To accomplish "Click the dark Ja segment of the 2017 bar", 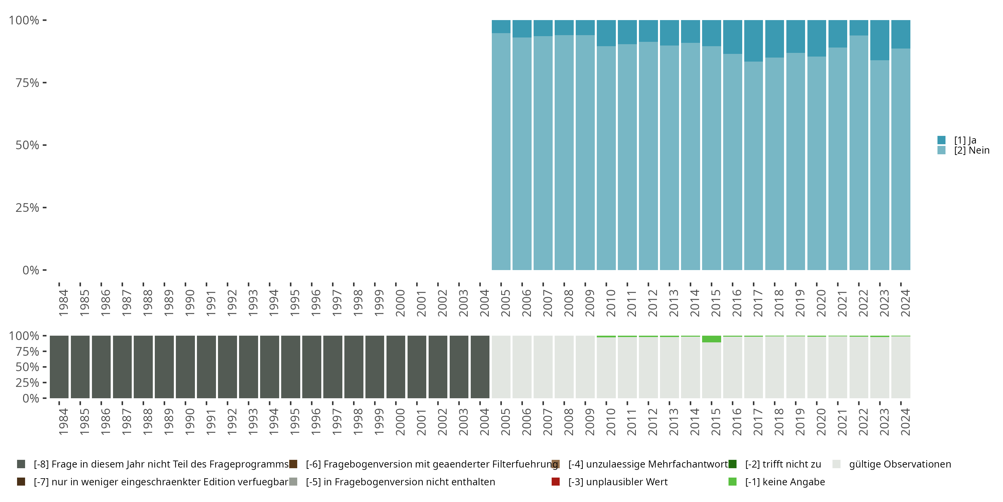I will click(753, 40).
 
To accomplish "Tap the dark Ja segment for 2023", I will click(880, 40).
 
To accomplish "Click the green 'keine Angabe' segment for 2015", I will click(711, 339).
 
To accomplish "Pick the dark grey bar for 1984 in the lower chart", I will click(59, 367).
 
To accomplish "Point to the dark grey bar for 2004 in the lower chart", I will click(480, 367).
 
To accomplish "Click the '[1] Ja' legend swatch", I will click(941, 140).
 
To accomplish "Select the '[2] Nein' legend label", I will click(972, 151).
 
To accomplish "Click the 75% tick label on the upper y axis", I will click(27, 83).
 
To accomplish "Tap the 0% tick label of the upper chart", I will click(31, 270).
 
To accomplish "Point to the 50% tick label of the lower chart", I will click(27, 367).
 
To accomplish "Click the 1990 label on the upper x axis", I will click(190, 303).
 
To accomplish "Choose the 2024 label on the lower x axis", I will click(905, 422).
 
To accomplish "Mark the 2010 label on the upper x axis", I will click(610, 303).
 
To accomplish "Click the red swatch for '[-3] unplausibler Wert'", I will click(556, 482).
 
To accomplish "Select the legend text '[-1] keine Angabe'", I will click(785, 482).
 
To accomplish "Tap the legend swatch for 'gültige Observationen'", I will click(837, 464).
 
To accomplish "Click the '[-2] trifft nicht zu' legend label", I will click(783, 464).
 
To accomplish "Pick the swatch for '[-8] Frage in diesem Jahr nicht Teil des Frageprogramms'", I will click(21, 464).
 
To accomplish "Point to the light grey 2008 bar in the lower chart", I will click(564, 367).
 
